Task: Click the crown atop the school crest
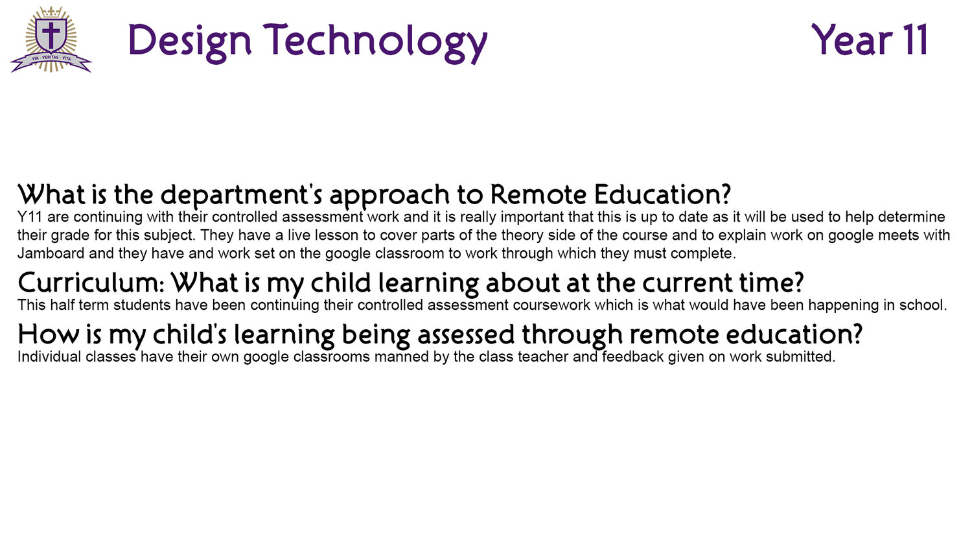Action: tap(51, 12)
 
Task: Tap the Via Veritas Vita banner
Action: tap(51, 60)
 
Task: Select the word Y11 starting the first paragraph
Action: tap(30, 216)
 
